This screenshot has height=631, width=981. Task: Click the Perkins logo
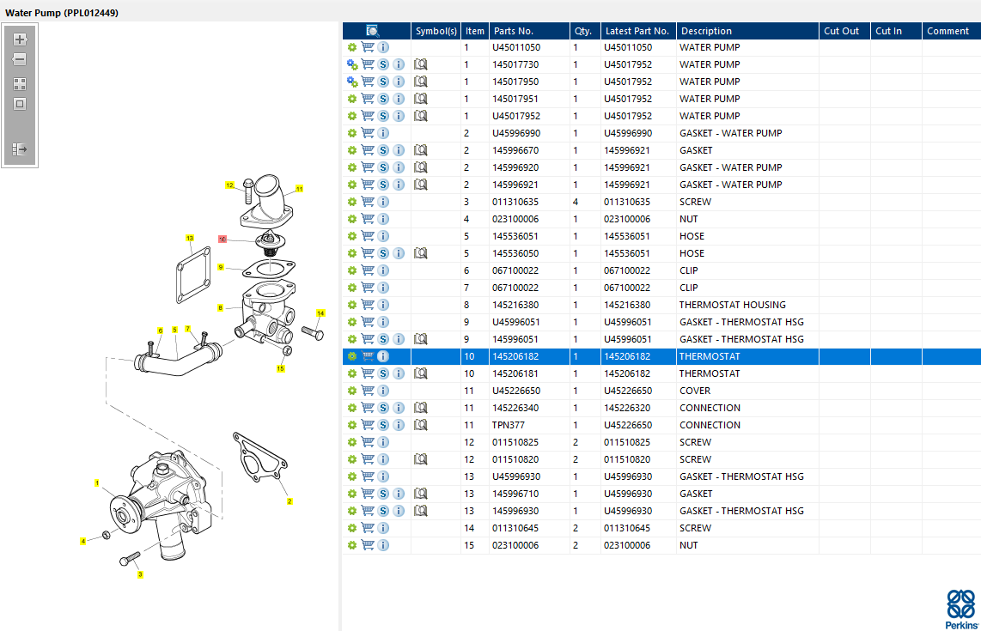click(961, 610)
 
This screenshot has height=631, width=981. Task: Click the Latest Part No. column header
click(637, 31)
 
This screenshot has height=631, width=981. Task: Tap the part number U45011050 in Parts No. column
click(516, 47)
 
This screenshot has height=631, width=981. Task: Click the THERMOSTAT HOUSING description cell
click(732, 305)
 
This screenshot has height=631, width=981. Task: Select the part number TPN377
click(508, 425)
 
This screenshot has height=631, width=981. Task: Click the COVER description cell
click(695, 391)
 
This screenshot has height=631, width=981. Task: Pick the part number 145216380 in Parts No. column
click(515, 305)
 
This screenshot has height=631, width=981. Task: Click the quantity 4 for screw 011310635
click(576, 202)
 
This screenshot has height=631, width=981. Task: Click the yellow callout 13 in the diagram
click(190, 238)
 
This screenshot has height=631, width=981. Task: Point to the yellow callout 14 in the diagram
click(320, 313)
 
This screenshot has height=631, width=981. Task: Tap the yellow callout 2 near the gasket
click(289, 501)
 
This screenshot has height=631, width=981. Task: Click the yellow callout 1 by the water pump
click(97, 482)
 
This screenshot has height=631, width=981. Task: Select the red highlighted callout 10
click(222, 239)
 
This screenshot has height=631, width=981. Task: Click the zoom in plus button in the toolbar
click(20, 39)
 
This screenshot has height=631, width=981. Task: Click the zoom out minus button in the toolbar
click(20, 59)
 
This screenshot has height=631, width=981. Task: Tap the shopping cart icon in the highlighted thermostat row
click(368, 356)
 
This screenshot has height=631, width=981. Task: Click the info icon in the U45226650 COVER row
click(383, 391)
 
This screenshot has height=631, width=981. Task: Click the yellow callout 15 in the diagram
click(280, 368)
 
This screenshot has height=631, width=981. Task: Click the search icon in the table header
click(372, 31)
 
